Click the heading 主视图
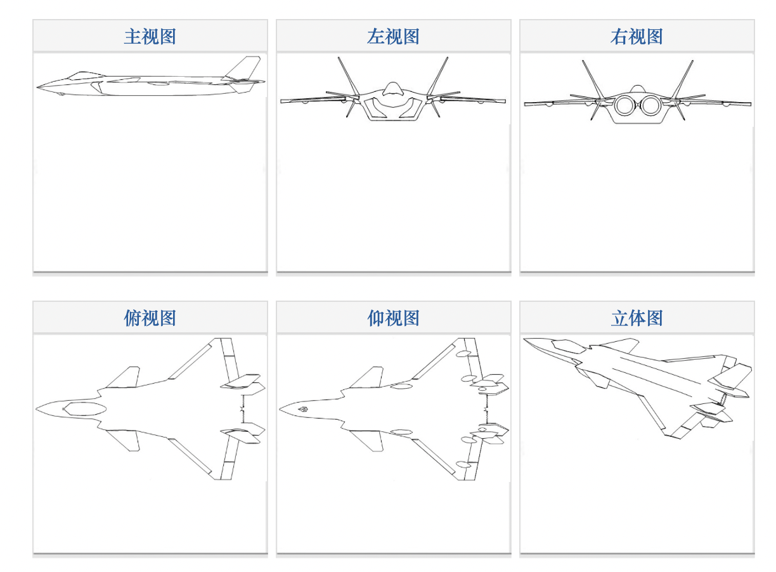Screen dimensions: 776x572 pos(150,36)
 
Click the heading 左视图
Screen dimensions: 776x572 pos(393,36)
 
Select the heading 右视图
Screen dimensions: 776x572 pos(637,36)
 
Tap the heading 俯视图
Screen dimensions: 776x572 pos(150,318)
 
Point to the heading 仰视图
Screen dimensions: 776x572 pos(393,318)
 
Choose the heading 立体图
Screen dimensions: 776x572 pos(637,318)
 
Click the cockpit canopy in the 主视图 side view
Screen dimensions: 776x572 pos(86,75)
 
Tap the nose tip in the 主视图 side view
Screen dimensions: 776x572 pos(37,87)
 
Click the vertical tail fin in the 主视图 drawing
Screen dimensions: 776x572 pos(243,68)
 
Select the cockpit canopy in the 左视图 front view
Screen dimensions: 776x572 pos(392,89)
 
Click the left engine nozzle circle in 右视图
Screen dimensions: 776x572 pos(624,105)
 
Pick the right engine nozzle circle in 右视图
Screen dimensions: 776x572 pos(651,105)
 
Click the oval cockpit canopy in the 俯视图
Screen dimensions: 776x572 pos(85,409)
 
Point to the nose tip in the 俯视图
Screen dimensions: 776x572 pos(36,409)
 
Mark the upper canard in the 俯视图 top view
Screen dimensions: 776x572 pos(123,377)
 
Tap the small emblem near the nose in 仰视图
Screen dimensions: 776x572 pos(304,409)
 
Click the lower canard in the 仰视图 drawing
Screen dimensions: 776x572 pos(366,441)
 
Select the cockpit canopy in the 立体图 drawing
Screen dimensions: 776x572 pos(569,346)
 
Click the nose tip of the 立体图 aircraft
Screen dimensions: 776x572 pos(524,339)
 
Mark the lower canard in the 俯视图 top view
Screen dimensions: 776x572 pos(123,441)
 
